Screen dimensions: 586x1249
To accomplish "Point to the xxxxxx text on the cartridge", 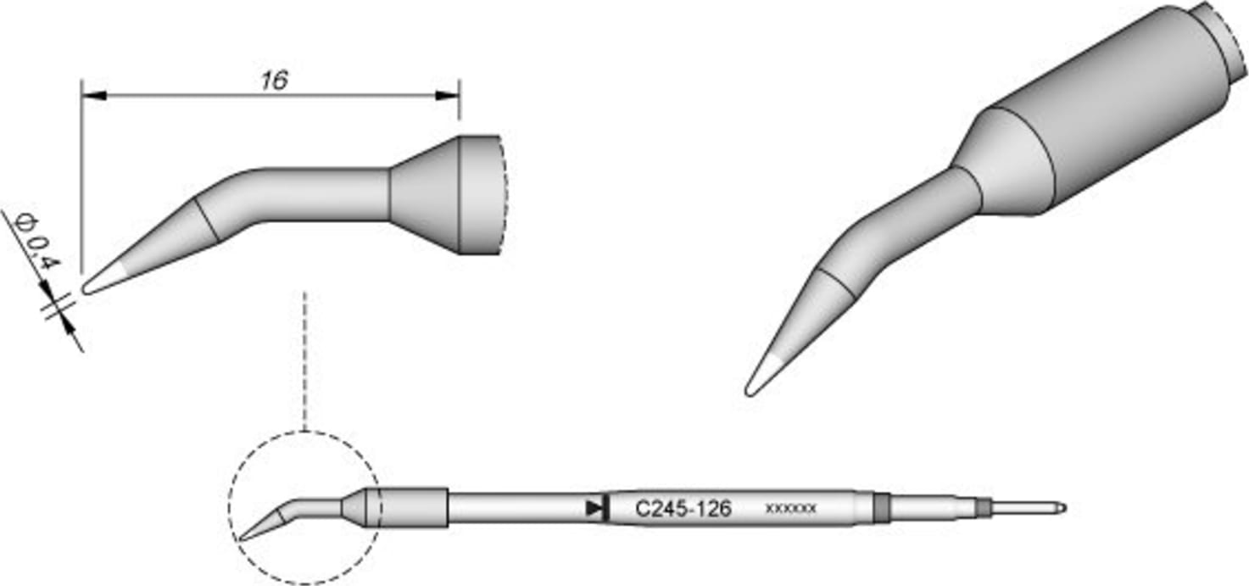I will [790, 510].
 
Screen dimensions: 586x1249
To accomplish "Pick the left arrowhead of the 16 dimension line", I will [92, 96].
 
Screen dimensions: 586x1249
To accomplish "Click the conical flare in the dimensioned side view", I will [424, 194].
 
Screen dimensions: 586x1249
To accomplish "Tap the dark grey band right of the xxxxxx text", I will [882, 509].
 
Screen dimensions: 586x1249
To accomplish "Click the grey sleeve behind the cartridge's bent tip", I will [410, 507].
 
